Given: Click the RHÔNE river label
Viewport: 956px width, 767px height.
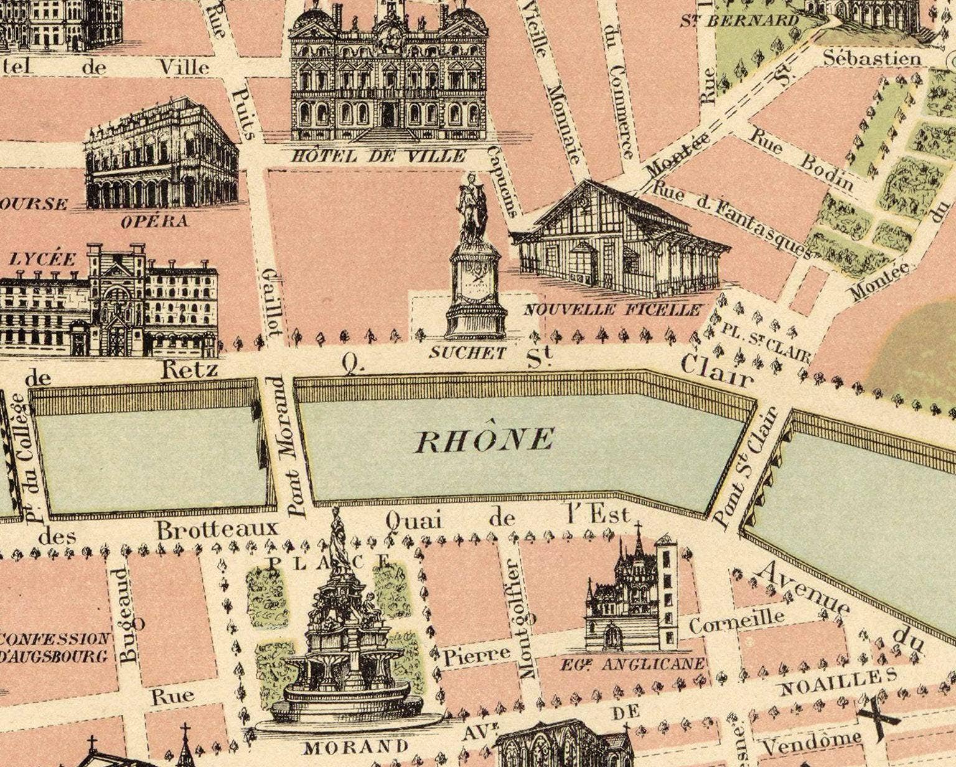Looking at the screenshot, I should click(484, 440).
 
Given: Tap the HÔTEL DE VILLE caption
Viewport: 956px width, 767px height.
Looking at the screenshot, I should click(378, 155).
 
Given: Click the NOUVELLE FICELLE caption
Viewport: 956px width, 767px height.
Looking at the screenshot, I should click(613, 309).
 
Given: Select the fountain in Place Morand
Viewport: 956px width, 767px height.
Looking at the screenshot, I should click(341, 647).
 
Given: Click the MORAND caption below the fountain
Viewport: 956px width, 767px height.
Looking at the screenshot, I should click(348, 746).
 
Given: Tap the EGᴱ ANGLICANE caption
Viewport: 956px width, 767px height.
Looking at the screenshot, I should click(633, 664).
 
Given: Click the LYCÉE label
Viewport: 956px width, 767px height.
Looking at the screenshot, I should click(42, 259).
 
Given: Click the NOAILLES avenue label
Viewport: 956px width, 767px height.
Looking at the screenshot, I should click(838, 681).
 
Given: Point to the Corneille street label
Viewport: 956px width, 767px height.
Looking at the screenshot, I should click(736, 621).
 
